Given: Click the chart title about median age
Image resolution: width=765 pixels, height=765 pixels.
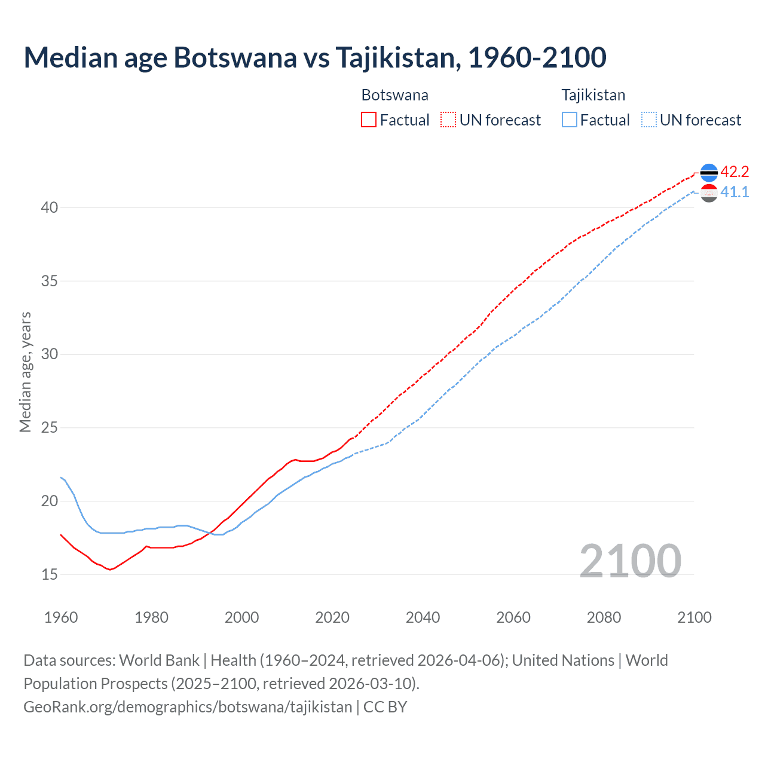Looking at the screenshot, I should (x=315, y=57).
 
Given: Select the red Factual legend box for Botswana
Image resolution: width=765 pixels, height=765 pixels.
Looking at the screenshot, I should (x=369, y=120).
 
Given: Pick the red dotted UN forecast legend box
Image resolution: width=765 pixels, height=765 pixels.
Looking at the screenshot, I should (x=448, y=120).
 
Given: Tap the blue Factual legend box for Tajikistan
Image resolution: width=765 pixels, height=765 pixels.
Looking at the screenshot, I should (x=570, y=120).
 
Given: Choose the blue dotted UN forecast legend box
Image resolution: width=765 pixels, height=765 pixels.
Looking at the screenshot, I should (x=649, y=120).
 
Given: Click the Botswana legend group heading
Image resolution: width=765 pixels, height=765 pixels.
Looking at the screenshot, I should (x=394, y=95).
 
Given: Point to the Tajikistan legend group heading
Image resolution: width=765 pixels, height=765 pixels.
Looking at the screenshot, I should (x=593, y=95).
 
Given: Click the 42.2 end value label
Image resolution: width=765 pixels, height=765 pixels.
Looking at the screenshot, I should (x=735, y=172).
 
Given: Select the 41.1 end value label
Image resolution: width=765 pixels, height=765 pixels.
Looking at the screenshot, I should (x=735, y=192).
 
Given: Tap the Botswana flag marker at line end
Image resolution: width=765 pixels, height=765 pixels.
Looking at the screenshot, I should (x=709, y=172).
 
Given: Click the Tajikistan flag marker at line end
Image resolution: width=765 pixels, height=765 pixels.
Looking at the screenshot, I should (x=709, y=193).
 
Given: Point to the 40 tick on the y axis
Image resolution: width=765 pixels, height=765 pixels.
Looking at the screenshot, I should (x=50, y=207).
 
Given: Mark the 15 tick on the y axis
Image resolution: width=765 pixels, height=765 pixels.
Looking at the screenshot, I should (x=50, y=574).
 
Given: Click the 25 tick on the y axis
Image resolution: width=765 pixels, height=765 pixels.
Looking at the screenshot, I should (x=50, y=428).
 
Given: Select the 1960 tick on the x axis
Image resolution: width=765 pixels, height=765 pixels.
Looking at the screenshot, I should (x=61, y=617).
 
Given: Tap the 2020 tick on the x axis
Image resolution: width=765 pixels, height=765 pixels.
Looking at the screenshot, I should (x=332, y=617).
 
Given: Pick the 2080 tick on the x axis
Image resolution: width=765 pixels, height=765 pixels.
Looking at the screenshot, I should (x=604, y=617).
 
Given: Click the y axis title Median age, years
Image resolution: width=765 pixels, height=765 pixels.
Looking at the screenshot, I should (x=25, y=372).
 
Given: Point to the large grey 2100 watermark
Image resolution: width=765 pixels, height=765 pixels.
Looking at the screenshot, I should (x=630, y=561).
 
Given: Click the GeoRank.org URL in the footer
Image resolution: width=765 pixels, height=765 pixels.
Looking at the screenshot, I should (x=188, y=707).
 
